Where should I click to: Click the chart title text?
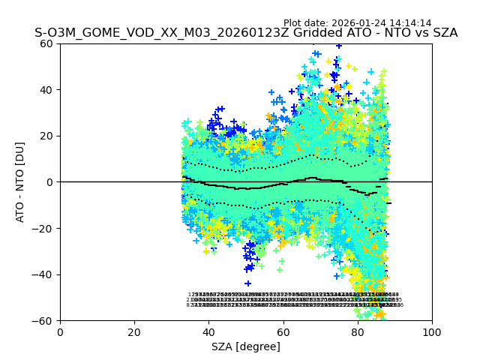(246, 33)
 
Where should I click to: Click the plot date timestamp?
(357, 23)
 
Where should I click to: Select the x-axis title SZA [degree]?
(246, 346)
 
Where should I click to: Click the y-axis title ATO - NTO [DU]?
(21, 182)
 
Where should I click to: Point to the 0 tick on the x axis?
(60, 332)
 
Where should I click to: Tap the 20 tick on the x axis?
(134, 332)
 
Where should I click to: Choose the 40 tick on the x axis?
(208, 332)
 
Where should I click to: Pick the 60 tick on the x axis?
(283, 332)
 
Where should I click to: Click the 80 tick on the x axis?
(358, 332)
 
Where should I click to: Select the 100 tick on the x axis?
(432, 332)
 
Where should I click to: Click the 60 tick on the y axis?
(47, 43)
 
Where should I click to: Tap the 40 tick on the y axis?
(47, 90)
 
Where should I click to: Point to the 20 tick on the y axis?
(47, 136)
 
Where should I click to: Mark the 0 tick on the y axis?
(50, 182)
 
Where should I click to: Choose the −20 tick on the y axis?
(44, 229)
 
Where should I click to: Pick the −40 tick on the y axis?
(44, 274)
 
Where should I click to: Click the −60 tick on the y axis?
(44, 321)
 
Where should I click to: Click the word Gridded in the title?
(331, 33)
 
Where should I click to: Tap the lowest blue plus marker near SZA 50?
(247, 283)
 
